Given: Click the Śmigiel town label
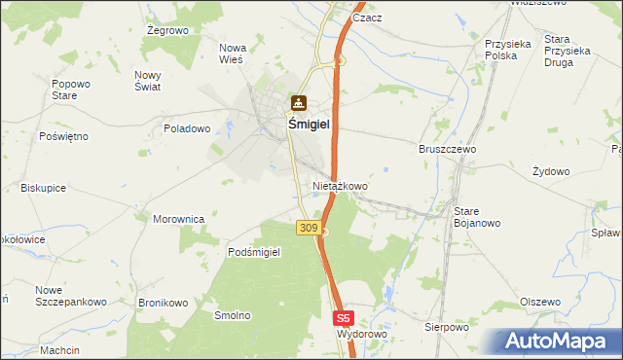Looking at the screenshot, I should [308, 125].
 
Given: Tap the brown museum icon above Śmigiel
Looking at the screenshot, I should [298, 103].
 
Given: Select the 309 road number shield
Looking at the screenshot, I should [307, 228].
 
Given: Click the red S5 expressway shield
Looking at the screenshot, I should [343, 317].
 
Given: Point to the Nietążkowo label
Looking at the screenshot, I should [340, 185].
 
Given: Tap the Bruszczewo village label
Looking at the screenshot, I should [447, 150].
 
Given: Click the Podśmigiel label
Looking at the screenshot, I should [254, 252].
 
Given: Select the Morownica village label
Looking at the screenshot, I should [178, 219].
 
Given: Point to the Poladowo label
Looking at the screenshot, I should [187, 128].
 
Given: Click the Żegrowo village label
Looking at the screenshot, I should [166, 31].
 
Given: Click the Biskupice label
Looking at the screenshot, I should [43, 187].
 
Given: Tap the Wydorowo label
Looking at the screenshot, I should [361, 334].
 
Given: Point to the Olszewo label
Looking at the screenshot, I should [540, 302].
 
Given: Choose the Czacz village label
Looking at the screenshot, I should [367, 18].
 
